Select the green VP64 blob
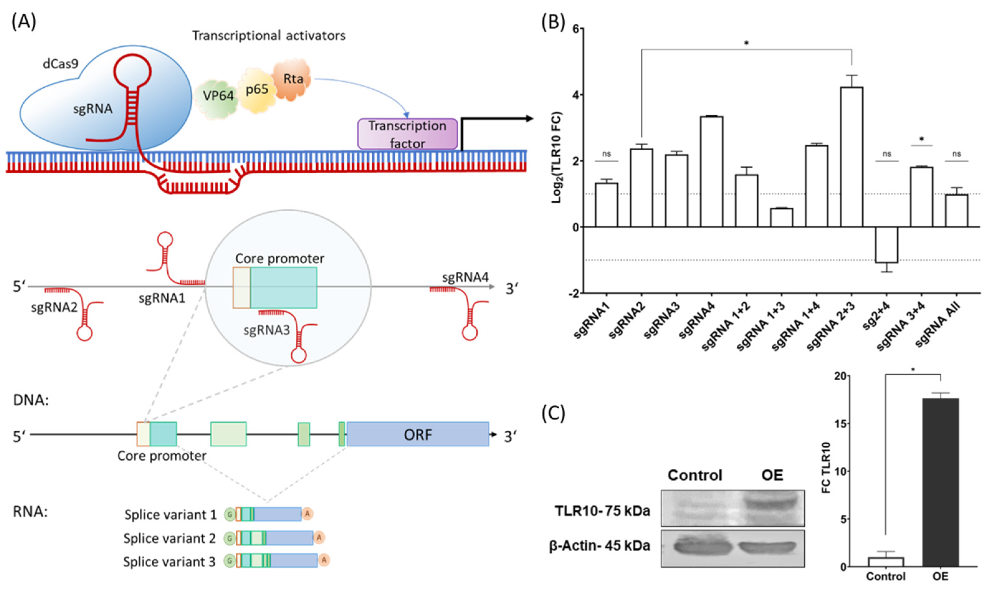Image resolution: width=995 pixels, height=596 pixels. [217, 96]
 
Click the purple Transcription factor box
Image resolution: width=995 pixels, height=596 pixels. [407, 134]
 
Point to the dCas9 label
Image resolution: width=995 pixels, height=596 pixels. [60, 63]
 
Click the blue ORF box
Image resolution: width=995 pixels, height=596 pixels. [418, 434]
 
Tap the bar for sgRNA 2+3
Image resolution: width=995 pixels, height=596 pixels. [851, 157]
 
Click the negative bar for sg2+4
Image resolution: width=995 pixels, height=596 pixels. [887, 245]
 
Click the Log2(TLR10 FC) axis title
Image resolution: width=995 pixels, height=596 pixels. [556, 157]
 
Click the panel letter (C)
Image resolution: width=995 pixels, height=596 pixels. [553, 413]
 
